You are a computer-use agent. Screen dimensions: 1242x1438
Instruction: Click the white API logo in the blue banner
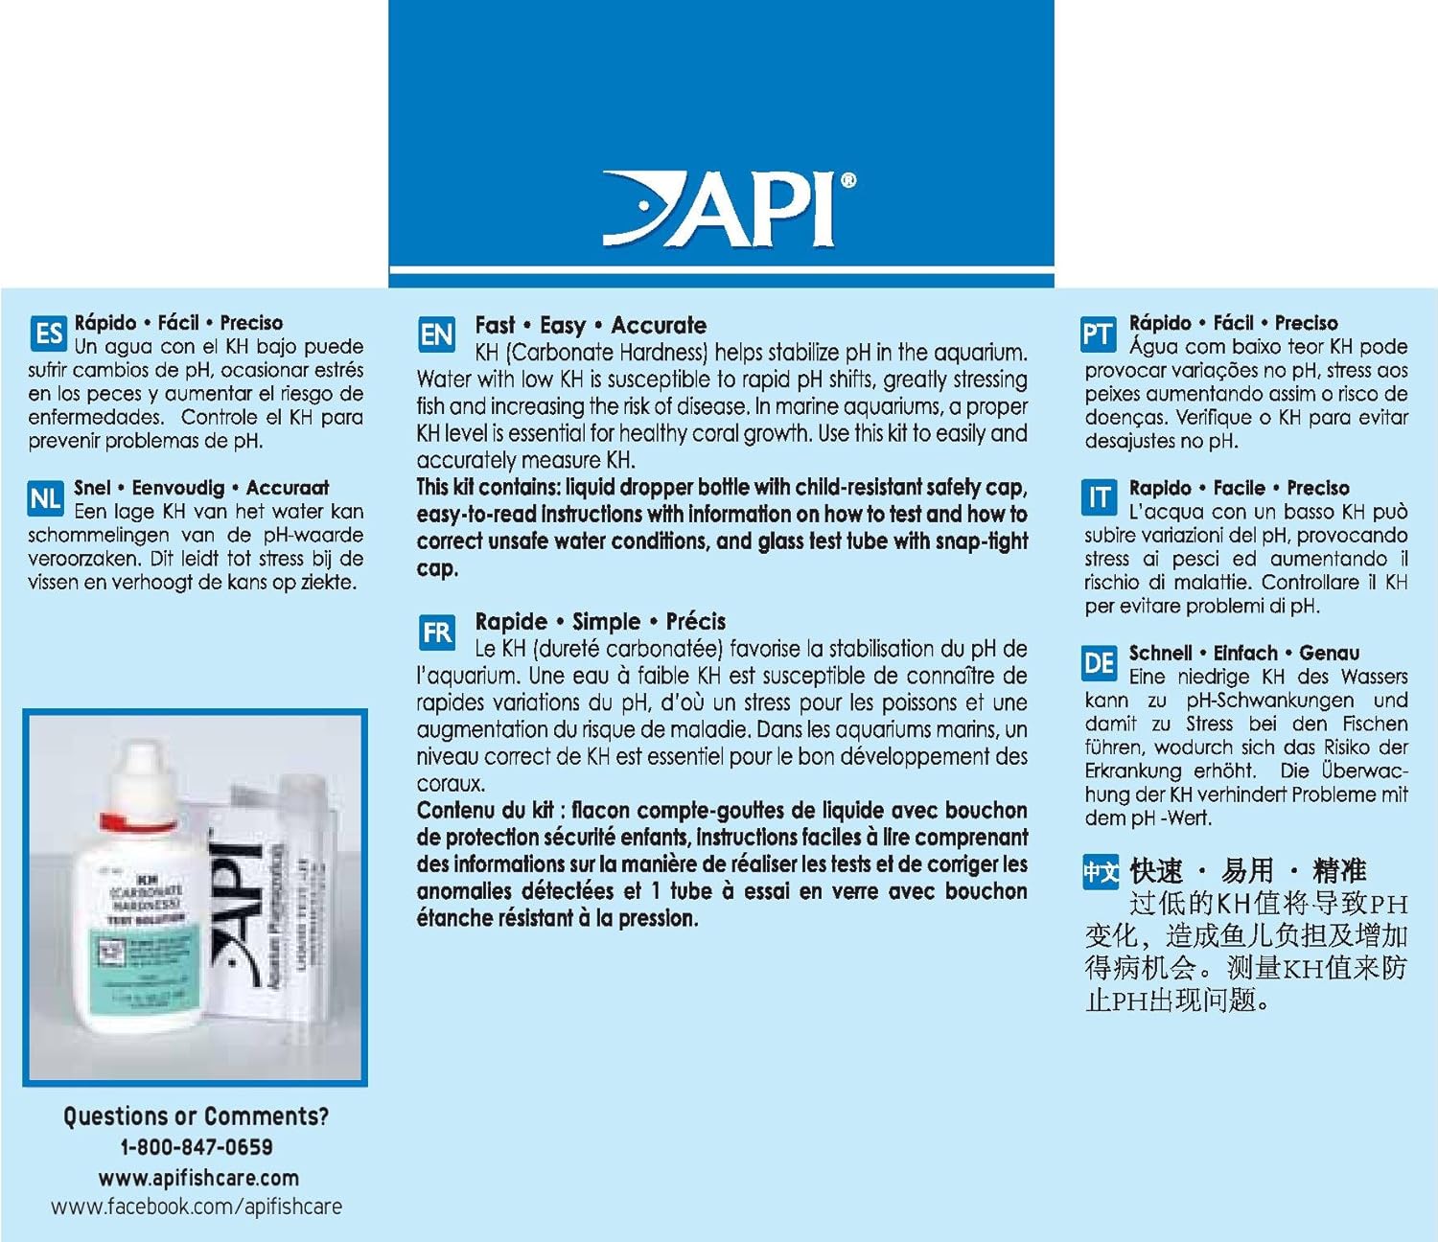[724, 210]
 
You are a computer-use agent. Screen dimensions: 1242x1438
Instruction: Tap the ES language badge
[48, 333]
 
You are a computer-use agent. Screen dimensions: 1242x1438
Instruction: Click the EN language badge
[436, 334]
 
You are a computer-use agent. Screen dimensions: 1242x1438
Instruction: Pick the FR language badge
[436, 632]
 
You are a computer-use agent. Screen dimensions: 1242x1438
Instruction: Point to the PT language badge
[1098, 334]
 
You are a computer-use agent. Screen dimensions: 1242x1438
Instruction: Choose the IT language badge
[1098, 498]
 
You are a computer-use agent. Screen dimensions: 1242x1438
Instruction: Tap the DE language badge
[1099, 663]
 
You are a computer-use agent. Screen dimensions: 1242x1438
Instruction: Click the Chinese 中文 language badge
[1101, 872]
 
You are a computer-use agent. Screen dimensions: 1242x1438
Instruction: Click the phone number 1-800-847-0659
[196, 1147]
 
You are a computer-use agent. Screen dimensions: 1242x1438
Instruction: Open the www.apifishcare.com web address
[197, 1178]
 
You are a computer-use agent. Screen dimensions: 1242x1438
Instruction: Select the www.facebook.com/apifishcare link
[196, 1207]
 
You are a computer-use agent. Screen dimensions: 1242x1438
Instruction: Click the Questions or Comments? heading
[196, 1116]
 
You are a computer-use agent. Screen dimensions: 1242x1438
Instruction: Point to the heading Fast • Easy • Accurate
[591, 325]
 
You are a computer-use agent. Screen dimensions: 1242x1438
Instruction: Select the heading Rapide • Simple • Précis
[600, 621]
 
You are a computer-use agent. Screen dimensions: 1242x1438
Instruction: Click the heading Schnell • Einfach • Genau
[1243, 653]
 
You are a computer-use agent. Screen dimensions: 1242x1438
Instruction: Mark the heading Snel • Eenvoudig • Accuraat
[201, 488]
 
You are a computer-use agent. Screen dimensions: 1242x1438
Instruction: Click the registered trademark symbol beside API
[847, 180]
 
